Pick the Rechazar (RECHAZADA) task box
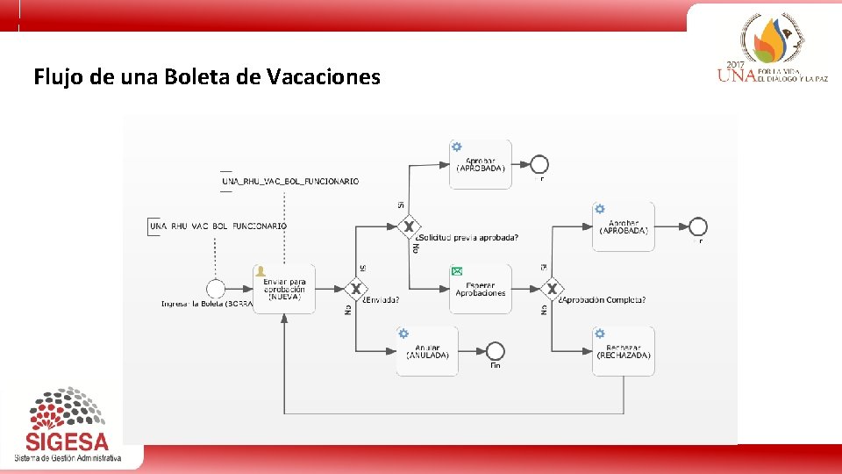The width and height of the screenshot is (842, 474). pos(623,351)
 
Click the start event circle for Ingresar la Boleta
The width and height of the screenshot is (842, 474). pos(216,289)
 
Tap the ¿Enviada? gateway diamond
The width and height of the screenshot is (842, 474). pos(355,289)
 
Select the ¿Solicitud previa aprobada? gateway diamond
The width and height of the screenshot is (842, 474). pos(407,226)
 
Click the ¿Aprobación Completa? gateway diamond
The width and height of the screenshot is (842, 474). pos(552,289)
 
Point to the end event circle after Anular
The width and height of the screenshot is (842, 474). pos(495,350)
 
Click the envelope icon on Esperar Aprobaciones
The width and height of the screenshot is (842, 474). pos(456,271)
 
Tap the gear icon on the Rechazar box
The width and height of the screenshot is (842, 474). pos(600,334)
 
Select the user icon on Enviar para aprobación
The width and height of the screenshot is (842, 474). pos(260,271)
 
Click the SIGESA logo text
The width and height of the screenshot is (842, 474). pos(67,442)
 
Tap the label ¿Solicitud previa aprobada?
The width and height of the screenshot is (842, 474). pos(467,238)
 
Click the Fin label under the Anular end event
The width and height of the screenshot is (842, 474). pos(495,366)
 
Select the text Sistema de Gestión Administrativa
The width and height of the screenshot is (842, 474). pos(68,458)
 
